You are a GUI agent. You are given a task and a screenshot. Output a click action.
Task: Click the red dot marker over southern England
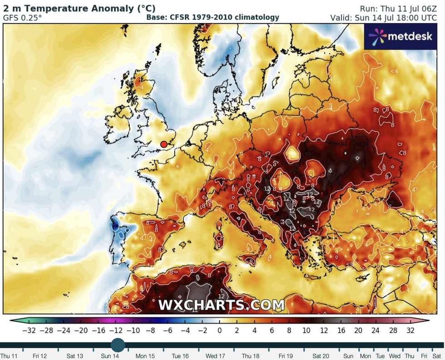pos(164,145)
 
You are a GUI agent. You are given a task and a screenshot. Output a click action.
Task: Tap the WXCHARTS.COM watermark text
pos(221,305)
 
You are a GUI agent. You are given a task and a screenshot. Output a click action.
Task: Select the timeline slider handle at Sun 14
pos(118,345)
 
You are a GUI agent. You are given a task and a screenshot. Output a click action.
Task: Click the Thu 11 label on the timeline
pos(9,356)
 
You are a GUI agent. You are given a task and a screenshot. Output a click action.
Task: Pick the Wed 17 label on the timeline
pos(215,356)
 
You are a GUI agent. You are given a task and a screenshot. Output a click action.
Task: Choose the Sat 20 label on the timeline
pos(321,356)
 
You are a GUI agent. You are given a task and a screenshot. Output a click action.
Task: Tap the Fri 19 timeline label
pos(286,356)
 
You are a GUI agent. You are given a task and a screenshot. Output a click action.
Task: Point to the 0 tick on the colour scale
pos(219,330)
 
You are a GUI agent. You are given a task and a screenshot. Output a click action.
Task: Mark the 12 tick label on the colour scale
pos(324,330)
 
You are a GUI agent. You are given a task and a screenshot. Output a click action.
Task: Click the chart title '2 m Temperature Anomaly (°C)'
pos(79,8)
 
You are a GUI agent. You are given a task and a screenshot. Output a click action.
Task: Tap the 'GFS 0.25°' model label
pos(22,18)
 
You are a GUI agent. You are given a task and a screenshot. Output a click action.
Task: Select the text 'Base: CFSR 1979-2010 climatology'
pos(213,18)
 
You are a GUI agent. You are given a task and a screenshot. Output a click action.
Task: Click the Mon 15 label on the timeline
pos(145,356)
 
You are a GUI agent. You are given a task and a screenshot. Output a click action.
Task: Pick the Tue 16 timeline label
pos(180,356)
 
